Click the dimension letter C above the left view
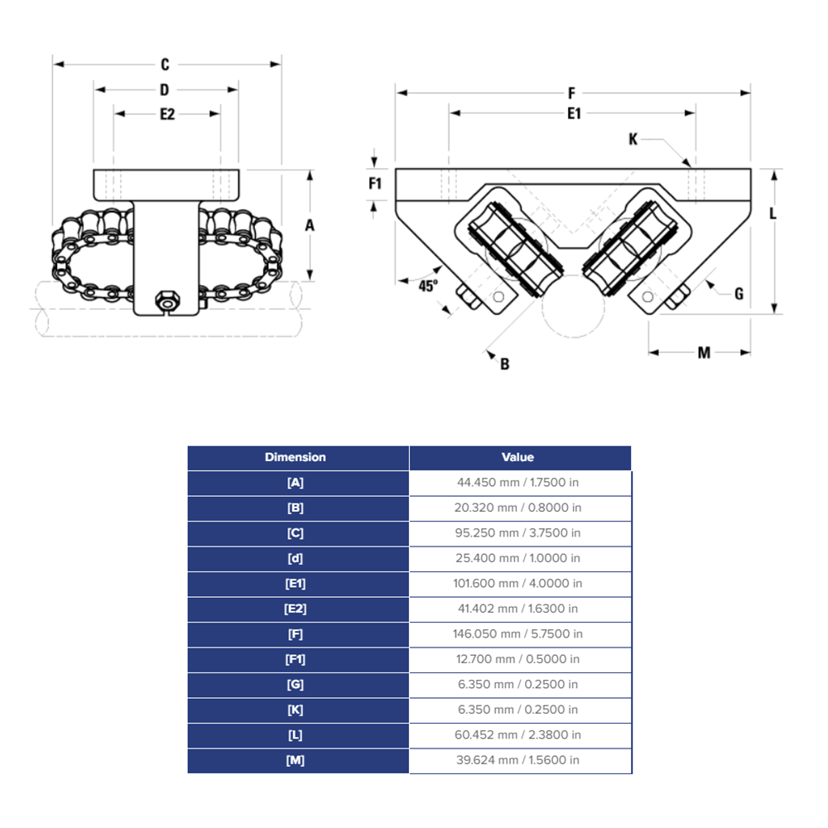[165, 64]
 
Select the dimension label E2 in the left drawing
[167, 114]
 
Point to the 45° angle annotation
[427, 286]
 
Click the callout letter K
[633, 140]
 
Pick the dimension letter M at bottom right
[703, 353]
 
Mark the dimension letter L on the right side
[773, 214]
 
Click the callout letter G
[739, 293]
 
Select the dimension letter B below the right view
[504, 363]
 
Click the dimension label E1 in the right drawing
[573, 114]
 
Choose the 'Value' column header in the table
[518, 457]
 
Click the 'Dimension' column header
[296, 457]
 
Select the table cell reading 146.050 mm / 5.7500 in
[519, 633]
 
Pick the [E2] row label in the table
[296, 609]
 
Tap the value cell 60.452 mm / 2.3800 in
[519, 734]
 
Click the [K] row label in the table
[296, 710]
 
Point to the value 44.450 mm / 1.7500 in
[519, 483]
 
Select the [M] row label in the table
[296, 760]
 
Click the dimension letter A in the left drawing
[310, 225]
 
